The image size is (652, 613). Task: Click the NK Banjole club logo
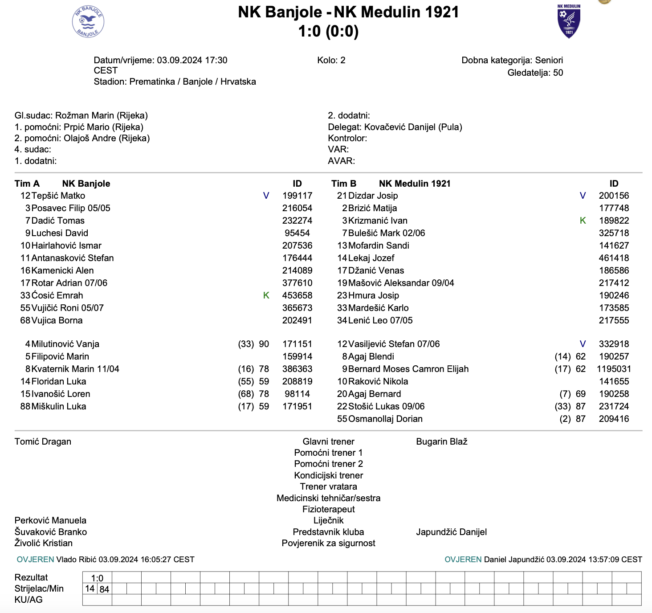(88, 21)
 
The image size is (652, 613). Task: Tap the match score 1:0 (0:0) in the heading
(328, 31)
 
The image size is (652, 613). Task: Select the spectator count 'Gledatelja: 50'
(535, 73)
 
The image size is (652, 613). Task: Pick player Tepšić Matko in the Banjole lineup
(58, 196)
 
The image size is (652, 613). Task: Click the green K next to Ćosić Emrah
(266, 295)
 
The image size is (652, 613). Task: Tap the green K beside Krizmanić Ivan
(583, 221)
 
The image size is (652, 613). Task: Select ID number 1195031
(614, 369)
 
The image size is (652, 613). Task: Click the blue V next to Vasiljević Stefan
(583, 344)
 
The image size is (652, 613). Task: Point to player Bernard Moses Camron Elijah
(408, 369)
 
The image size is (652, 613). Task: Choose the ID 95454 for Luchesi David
(297, 233)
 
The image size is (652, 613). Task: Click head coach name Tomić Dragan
(43, 441)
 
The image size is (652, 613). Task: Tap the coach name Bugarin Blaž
(441, 441)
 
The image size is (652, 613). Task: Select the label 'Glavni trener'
(328, 441)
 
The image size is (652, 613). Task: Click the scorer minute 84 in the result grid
(104, 589)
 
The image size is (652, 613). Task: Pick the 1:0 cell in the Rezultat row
(97, 578)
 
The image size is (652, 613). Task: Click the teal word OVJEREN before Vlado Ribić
(35, 560)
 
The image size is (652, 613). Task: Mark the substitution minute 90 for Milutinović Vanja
(264, 344)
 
